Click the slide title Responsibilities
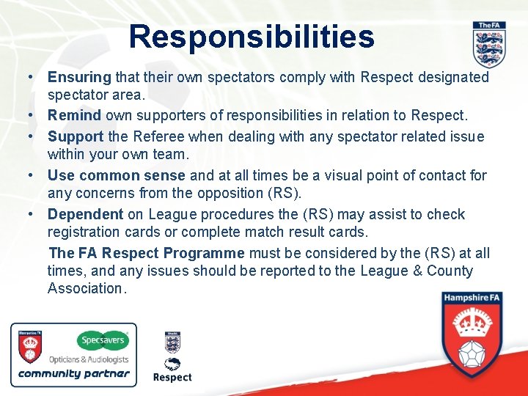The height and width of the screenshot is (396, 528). pos(252,36)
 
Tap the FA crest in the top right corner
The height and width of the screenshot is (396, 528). pos(488,45)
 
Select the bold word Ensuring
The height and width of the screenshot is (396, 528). pos(79,77)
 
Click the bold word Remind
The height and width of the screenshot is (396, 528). pos(75,116)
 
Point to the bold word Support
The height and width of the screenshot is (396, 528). pos(76,136)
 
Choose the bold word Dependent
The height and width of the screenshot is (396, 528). pos(85,214)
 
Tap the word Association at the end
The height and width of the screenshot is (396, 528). pos(86,288)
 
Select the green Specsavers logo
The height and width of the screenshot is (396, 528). pos(103,341)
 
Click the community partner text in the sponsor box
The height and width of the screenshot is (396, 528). pos(73,373)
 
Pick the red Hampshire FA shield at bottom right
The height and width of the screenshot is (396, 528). pos(472,334)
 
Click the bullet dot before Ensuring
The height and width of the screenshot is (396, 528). pos(30,77)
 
